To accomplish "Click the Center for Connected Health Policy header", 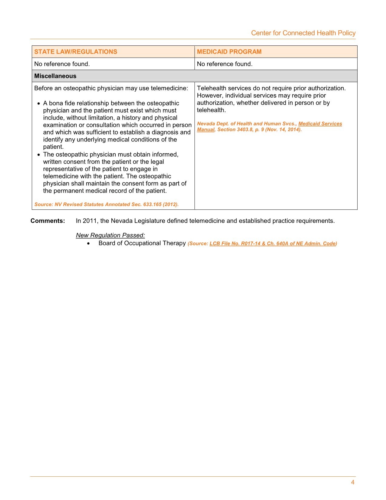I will click(303, 33).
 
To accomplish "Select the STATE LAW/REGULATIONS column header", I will click(76, 52).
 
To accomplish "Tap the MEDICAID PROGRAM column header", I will click(229, 52).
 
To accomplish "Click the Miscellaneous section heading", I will click(55, 76).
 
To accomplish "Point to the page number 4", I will click(353, 482).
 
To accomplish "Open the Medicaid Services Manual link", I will click(320, 124).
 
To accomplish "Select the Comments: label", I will click(48, 221).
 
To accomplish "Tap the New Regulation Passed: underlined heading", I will click(110, 235).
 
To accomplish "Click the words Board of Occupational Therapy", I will click(142, 243).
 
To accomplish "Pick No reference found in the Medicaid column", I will click(225, 64).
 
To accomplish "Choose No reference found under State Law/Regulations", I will click(62, 64).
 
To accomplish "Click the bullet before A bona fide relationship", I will click(39, 104).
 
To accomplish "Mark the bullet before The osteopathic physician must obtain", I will click(39, 155).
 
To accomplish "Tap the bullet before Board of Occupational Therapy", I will click(88, 244).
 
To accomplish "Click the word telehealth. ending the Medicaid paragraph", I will click(211, 110).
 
